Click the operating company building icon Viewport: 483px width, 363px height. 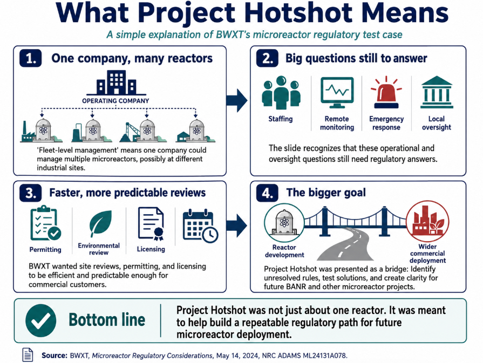pos(116,83)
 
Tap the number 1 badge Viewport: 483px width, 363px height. pos(31,58)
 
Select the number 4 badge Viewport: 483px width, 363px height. pos(267,193)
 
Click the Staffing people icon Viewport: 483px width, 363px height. pos(281,92)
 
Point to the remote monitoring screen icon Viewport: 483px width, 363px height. pos(337,93)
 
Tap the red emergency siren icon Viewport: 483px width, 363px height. pos(386,93)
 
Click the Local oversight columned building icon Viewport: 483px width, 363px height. pos(437,92)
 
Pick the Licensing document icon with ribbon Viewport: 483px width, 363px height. pos(151,223)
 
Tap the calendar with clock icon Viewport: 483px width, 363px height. pos(201,225)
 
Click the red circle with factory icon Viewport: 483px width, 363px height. pos(427,221)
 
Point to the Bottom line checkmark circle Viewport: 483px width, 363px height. pos(41,320)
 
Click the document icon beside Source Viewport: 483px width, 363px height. pos(28,355)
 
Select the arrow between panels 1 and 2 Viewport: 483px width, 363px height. pos(237,100)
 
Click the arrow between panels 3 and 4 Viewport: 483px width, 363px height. pos(236,225)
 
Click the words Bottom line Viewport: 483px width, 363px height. pos(107,320)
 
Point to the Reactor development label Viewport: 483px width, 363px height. pos(284,251)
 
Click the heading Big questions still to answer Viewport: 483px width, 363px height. pos(356,58)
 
